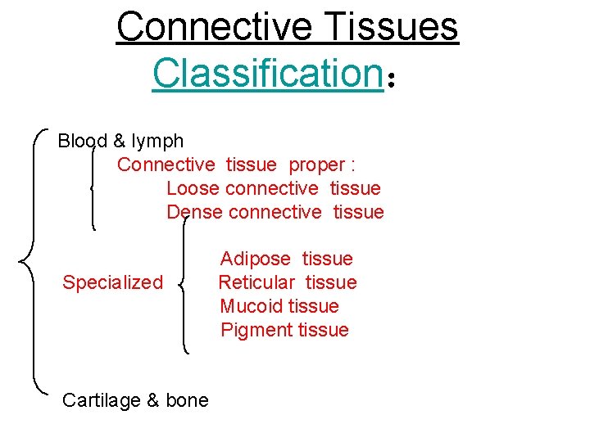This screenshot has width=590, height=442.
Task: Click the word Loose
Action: [x=193, y=188]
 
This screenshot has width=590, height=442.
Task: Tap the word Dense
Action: [x=194, y=212]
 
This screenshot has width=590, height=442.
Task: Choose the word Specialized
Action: [x=113, y=283]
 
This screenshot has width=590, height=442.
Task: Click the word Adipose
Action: [x=255, y=259]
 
